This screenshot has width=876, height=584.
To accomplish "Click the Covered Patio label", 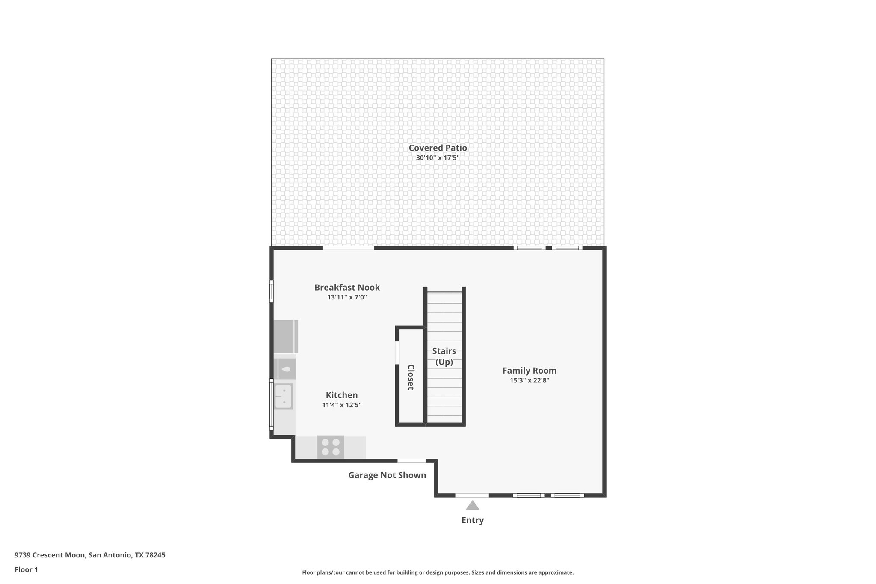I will pyautogui.click(x=438, y=148).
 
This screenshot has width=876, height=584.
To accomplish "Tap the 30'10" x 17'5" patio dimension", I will pyautogui.click(x=438, y=158).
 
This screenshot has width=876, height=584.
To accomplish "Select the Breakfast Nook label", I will pyautogui.click(x=347, y=287).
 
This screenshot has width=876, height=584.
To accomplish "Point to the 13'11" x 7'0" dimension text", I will pyautogui.click(x=347, y=297).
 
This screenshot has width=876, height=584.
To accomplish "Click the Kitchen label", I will pyautogui.click(x=342, y=395).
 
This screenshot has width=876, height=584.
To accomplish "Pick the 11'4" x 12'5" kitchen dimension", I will pyautogui.click(x=342, y=405).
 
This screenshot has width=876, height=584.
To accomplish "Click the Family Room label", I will pyautogui.click(x=530, y=371).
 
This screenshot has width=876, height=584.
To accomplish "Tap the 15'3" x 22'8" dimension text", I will pyautogui.click(x=530, y=380).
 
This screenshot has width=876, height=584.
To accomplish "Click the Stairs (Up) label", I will pyautogui.click(x=444, y=356).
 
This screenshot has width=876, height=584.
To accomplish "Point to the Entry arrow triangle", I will pyautogui.click(x=472, y=506).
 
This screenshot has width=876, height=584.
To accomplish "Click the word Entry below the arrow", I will pyautogui.click(x=472, y=520).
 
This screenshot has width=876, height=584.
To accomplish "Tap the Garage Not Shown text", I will pyautogui.click(x=387, y=475).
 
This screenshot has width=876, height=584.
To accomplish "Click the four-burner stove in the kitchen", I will pyautogui.click(x=331, y=447).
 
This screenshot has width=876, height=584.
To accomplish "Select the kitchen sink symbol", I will pyautogui.click(x=283, y=396).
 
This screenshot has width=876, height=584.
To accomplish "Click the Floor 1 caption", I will pyautogui.click(x=26, y=569).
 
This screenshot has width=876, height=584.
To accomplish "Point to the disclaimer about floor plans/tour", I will pyautogui.click(x=438, y=572).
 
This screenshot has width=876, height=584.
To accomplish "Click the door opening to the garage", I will pyautogui.click(x=411, y=461).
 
